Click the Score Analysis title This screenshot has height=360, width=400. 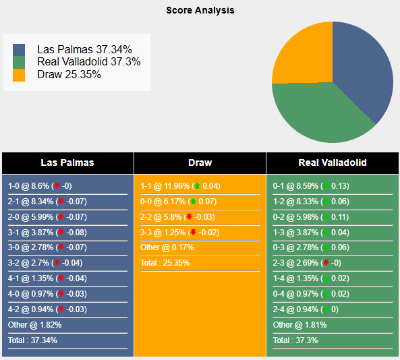pos(200,10)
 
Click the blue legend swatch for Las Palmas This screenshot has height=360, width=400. pos(19,50)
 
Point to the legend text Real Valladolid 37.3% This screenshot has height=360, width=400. pos(89,62)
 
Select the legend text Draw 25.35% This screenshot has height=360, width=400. pos(69,74)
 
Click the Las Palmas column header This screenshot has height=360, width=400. pos(67,162)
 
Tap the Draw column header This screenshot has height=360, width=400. pos(200,162)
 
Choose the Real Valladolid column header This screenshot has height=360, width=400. pos(333,162)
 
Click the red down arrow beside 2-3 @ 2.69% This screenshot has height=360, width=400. pos(326,263)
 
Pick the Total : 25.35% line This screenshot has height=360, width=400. pos(165,263)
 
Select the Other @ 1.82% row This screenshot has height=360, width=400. pos(35,325)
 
